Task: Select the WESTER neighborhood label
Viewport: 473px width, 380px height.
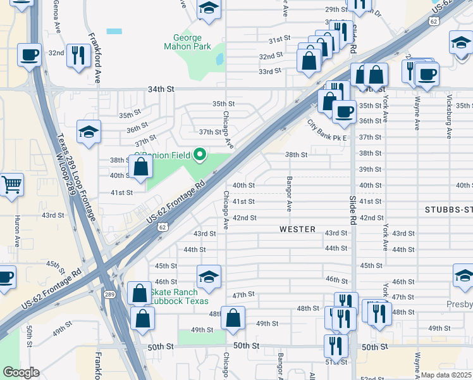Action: click(x=297, y=229)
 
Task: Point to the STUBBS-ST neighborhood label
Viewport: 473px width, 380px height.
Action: click(x=448, y=209)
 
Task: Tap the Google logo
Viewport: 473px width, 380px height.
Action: click(x=20, y=372)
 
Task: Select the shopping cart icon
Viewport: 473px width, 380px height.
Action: click(x=11, y=185)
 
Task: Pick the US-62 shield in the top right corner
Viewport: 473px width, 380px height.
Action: click(x=433, y=22)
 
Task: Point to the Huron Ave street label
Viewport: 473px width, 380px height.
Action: click(x=15, y=230)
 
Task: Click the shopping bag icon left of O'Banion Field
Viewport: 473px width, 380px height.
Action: click(x=142, y=167)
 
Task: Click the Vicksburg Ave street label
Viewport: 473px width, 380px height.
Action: click(x=449, y=120)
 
